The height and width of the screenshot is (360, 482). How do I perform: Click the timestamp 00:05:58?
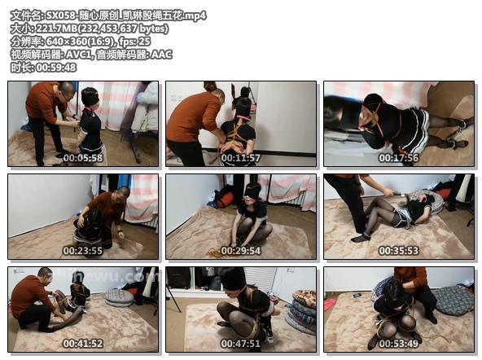[83, 158]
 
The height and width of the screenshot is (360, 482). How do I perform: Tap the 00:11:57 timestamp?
[241, 158]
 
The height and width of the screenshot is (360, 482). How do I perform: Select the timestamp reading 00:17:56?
[399, 158]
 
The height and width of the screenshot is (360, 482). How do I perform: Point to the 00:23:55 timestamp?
[83, 251]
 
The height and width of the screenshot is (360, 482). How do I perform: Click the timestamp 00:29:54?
[241, 251]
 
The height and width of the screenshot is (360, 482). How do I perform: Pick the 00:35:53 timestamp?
[399, 251]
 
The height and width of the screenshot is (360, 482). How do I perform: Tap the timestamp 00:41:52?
[83, 344]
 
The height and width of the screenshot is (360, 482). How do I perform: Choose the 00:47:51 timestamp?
[241, 344]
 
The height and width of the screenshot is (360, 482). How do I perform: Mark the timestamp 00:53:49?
[399, 344]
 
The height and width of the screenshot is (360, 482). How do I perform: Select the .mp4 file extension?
[195, 15]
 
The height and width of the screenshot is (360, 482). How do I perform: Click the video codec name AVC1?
[78, 55]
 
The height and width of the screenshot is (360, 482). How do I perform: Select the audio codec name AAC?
[161, 55]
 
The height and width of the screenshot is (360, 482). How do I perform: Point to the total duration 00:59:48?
[56, 68]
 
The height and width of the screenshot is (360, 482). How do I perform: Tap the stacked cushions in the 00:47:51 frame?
[300, 311]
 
